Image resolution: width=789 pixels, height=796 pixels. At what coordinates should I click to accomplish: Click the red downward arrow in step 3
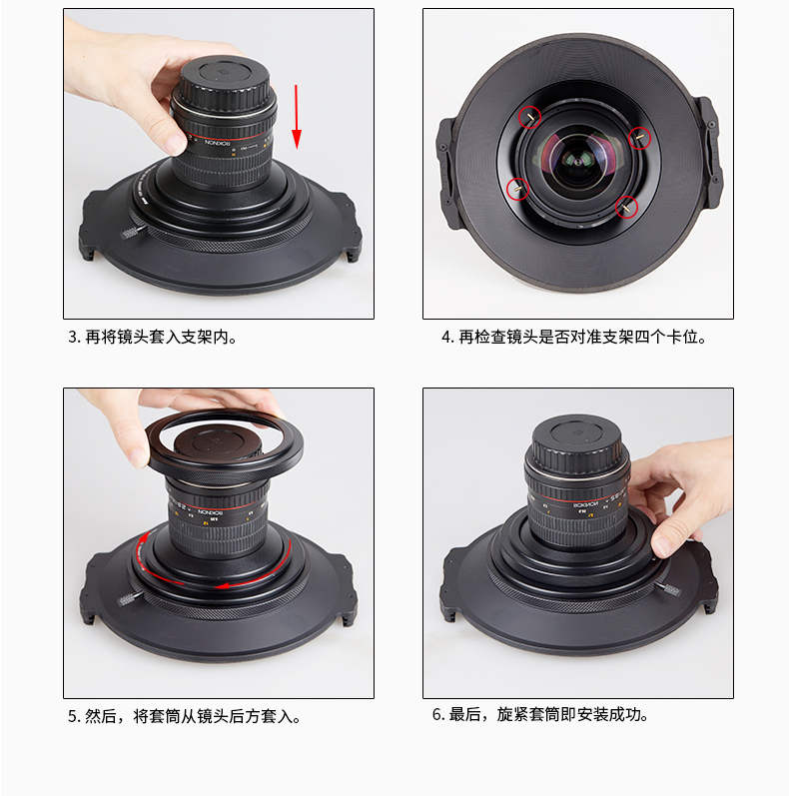[x=296, y=117]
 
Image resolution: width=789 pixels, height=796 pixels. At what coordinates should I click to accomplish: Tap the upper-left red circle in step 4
[x=529, y=117]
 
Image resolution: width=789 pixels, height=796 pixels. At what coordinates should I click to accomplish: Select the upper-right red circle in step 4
[x=639, y=138]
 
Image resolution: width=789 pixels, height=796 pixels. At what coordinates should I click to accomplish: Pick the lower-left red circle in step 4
[x=518, y=189]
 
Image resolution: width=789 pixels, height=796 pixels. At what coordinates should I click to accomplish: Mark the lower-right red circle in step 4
[x=626, y=207]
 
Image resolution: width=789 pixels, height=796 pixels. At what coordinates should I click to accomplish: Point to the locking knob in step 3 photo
[x=132, y=232]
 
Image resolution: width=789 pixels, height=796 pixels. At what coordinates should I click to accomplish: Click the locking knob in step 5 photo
[x=129, y=599]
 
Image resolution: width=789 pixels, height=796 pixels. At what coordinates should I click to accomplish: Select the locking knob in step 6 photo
[x=668, y=589]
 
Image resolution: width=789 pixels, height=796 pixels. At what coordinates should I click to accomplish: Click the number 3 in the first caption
[x=72, y=337]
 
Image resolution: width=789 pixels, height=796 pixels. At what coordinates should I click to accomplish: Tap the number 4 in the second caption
[x=445, y=338]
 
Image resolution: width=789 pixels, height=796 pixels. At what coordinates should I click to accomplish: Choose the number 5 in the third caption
[x=72, y=716]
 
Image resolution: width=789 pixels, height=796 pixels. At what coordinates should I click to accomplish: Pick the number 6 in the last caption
[x=436, y=715]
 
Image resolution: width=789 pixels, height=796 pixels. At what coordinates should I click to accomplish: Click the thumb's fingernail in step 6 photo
[x=660, y=546]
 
